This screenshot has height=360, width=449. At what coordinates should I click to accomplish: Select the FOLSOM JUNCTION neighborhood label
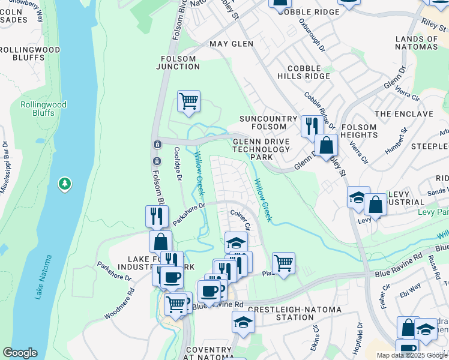(178, 62)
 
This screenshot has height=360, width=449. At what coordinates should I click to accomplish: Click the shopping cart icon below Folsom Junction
(188, 101)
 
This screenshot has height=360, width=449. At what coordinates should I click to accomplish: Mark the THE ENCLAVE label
(403, 114)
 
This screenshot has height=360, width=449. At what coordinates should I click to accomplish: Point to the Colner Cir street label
(240, 218)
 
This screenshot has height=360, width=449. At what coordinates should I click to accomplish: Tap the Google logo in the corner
(20, 353)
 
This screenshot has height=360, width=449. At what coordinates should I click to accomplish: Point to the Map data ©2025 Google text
(412, 355)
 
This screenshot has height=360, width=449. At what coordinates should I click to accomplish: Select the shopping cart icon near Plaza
(283, 262)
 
